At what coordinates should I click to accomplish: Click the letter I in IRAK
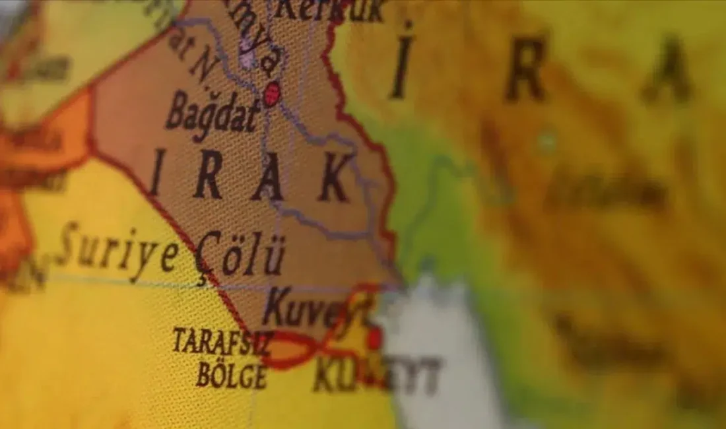coord(156,173)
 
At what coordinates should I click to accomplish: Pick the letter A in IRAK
coord(269,177)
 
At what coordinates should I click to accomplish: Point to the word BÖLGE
coord(232,376)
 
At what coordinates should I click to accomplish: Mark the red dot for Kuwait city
coord(374,339)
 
